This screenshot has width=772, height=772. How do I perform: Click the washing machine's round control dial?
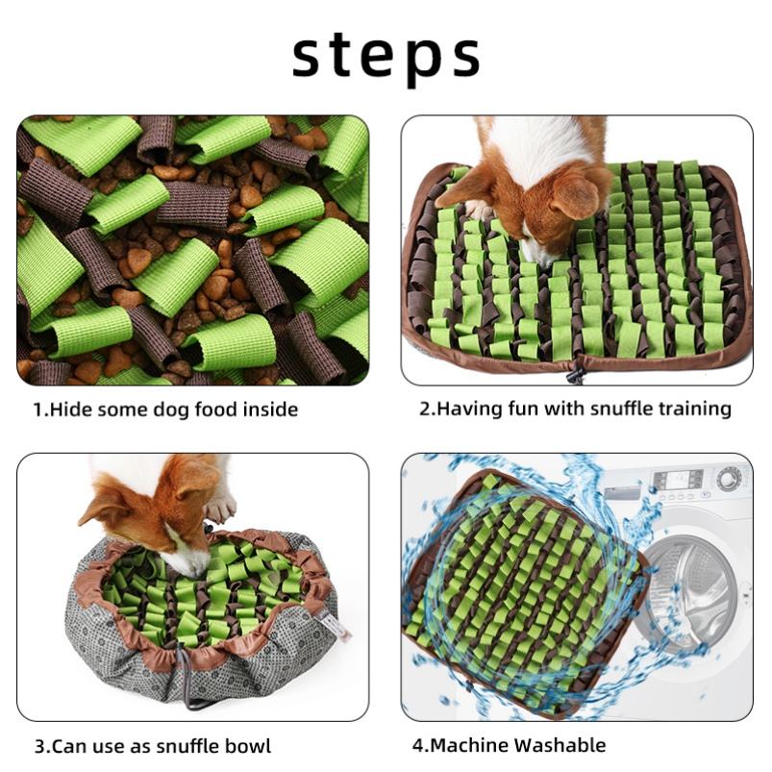click(x=729, y=478)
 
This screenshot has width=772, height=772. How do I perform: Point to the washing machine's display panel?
click(x=678, y=479)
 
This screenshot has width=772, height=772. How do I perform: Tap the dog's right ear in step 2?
click(x=575, y=197)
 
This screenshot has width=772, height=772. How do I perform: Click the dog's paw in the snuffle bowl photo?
click(x=220, y=507)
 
